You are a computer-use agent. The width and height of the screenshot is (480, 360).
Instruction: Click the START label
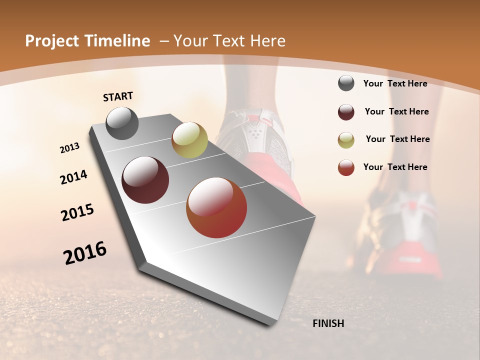(118, 96)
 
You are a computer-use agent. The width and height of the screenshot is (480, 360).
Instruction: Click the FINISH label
(328, 323)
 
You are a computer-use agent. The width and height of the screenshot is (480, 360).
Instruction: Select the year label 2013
(70, 148)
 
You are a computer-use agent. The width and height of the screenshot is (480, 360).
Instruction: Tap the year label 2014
(73, 177)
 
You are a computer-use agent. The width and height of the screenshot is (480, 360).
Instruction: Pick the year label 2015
(77, 212)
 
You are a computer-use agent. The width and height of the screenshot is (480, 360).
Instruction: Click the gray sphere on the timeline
(122, 123)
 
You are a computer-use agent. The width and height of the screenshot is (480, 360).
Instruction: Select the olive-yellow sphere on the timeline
(189, 140)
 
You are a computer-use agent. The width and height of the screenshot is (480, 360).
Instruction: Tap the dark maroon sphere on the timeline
(145, 180)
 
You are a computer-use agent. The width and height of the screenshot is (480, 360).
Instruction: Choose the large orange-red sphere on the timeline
(216, 207)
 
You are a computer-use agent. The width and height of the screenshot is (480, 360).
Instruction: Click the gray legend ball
(346, 83)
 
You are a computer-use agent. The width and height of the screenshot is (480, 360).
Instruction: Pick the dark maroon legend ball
(346, 112)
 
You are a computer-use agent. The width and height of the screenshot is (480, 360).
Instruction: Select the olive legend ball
(346, 140)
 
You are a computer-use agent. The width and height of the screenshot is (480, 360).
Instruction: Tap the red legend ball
(346, 167)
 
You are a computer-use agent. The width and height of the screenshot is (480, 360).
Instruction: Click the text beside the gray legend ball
(395, 83)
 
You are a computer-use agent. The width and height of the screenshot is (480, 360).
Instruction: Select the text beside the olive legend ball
(397, 139)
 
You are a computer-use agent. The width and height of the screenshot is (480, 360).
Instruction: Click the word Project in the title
(51, 41)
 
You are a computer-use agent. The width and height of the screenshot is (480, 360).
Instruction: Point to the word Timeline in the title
(117, 41)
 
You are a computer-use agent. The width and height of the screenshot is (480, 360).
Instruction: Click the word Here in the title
(267, 41)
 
